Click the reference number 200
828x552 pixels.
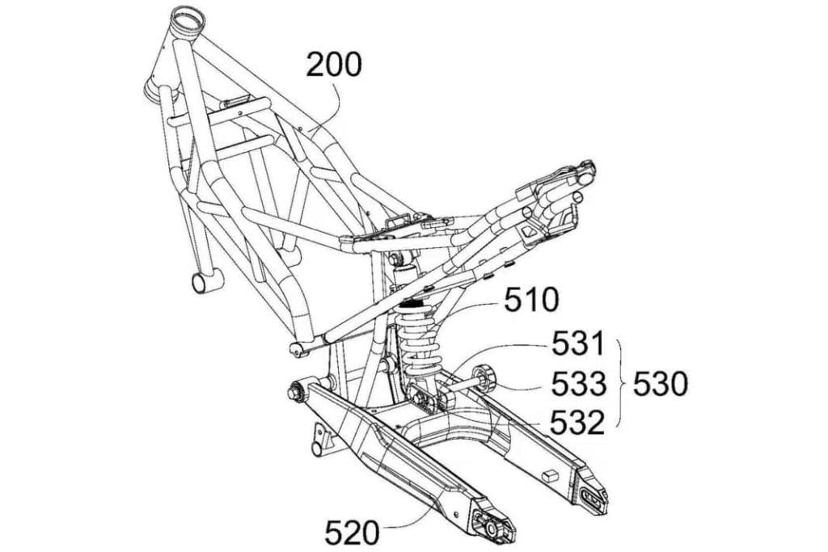click(x=334, y=65)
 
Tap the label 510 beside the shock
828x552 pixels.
click(x=530, y=301)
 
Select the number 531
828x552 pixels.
click(x=578, y=345)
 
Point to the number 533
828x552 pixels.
click(x=579, y=384)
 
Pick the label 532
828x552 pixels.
click(x=578, y=422)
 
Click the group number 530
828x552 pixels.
click(x=660, y=384)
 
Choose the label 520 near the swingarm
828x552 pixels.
click(x=352, y=532)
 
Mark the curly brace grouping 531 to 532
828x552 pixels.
click(x=622, y=383)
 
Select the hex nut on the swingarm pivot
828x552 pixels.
click(x=294, y=392)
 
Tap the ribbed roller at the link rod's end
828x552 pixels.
click(x=485, y=378)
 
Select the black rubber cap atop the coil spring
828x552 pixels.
click(x=415, y=304)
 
